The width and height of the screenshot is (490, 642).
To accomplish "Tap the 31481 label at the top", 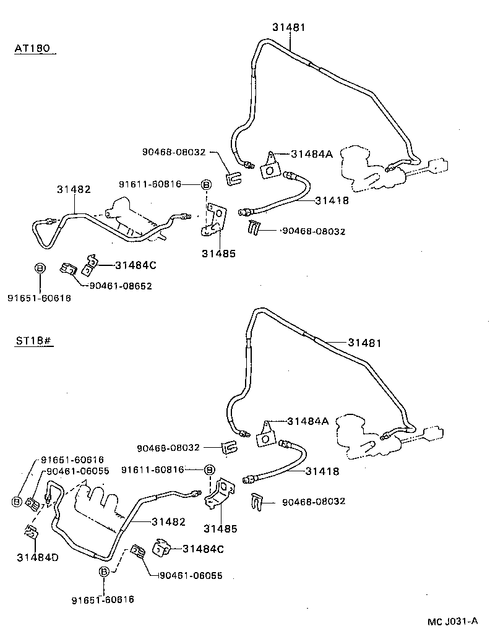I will [x=289, y=27].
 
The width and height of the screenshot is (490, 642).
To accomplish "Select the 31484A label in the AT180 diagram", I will [x=312, y=153].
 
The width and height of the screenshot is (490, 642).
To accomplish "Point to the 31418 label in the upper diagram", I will [x=332, y=200].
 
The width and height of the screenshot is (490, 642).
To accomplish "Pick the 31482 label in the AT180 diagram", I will [x=74, y=189].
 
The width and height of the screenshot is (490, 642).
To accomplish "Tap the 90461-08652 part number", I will [x=121, y=286].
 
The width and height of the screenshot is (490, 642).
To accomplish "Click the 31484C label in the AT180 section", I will [x=135, y=265].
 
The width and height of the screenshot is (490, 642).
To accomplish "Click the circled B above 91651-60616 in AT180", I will [x=40, y=268].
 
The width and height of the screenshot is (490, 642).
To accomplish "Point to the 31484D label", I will [x=38, y=557].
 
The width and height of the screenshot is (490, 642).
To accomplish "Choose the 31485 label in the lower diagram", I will [x=221, y=529].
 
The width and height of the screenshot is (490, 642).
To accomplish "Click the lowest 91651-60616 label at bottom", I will [x=103, y=599].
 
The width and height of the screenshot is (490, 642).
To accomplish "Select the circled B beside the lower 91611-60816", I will [x=209, y=470].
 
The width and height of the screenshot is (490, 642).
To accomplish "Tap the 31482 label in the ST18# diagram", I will [x=168, y=521].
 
